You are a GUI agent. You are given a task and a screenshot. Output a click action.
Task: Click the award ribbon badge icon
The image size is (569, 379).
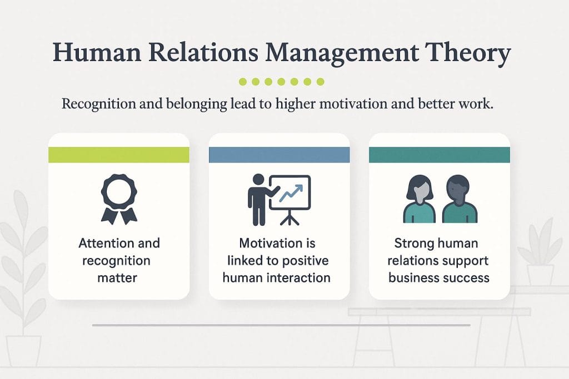tap(119, 199)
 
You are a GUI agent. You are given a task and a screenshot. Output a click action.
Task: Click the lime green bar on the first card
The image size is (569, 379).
tap(119, 155)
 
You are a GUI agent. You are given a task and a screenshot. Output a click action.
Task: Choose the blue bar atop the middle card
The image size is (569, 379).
tap(279, 155)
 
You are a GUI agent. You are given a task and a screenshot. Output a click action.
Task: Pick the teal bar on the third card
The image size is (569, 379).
tap(439, 155)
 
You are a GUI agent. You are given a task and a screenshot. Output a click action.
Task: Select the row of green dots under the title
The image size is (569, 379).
tap(281, 82)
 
